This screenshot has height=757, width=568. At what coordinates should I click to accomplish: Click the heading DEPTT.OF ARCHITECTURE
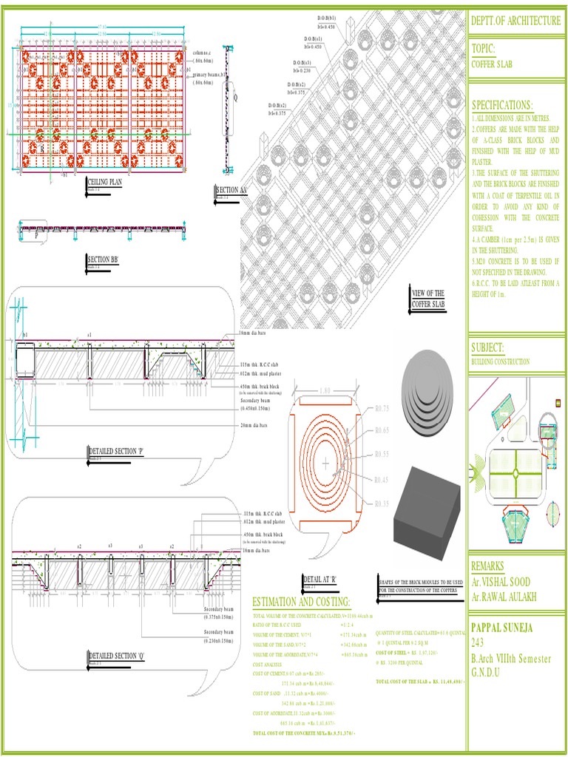click(x=515, y=21)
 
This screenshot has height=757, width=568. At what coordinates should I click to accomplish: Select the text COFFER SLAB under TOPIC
click(x=492, y=64)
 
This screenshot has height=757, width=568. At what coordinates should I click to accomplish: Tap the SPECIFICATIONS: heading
click(x=502, y=105)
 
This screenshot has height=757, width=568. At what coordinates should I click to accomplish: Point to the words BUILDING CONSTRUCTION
click(x=501, y=361)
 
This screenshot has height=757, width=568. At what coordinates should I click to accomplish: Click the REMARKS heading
click(x=492, y=566)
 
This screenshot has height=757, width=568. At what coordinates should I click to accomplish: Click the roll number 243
click(x=479, y=643)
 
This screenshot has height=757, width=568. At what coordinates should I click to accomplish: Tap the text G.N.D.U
click(x=486, y=672)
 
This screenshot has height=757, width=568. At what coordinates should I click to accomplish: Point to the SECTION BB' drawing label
click(x=103, y=259)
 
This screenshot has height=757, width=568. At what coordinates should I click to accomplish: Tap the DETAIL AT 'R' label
click(x=319, y=579)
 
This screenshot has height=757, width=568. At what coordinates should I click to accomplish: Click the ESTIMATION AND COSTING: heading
click(x=301, y=601)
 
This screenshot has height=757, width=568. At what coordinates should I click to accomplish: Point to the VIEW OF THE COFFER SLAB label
click(x=428, y=298)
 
